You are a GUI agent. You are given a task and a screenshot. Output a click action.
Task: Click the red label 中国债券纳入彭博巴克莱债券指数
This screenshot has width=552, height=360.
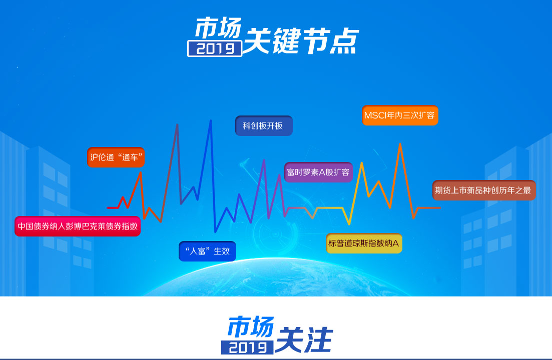tap(78, 226)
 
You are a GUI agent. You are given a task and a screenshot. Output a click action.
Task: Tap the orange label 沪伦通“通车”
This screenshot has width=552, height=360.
tap(116, 157)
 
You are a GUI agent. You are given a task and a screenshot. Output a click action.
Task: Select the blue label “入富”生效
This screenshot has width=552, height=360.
tap(207, 251)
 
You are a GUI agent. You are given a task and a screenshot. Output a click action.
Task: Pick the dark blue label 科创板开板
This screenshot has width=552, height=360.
tap(264, 126)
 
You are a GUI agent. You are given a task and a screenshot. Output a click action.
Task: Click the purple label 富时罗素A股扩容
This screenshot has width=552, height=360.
tap(318, 172)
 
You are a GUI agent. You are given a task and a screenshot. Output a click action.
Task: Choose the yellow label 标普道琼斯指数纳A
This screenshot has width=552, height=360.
tap(364, 243)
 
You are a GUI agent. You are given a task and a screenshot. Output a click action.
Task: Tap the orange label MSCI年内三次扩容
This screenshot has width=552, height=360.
tap(400, 115)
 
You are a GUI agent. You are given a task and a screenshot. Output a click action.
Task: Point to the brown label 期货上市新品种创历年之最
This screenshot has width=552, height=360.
tap(484, 190)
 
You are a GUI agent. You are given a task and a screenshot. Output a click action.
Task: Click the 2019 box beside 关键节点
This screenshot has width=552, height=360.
tap(215, 48)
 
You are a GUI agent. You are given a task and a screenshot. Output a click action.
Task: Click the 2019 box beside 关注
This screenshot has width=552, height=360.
tap(247, 347)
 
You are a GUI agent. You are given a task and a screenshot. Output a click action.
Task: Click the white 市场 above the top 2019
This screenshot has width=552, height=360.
tap(218, 28)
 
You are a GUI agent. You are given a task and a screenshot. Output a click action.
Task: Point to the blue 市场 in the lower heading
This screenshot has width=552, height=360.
tap(251, 326)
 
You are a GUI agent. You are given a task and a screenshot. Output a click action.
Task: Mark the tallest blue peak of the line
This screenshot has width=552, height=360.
tap(211, 120)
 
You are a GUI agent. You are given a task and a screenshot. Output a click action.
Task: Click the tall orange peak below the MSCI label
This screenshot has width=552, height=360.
tap(400, 144)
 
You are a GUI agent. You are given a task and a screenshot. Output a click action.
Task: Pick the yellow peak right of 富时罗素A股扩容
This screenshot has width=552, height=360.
tap(361, 163)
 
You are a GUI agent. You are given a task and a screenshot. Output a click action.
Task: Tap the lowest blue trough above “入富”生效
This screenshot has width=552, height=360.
tap(216, 231)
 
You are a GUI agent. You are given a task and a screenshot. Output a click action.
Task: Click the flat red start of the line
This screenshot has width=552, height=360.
tap(113, 208)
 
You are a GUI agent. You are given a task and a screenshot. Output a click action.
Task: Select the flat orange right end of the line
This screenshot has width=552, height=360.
tap(429, 208)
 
